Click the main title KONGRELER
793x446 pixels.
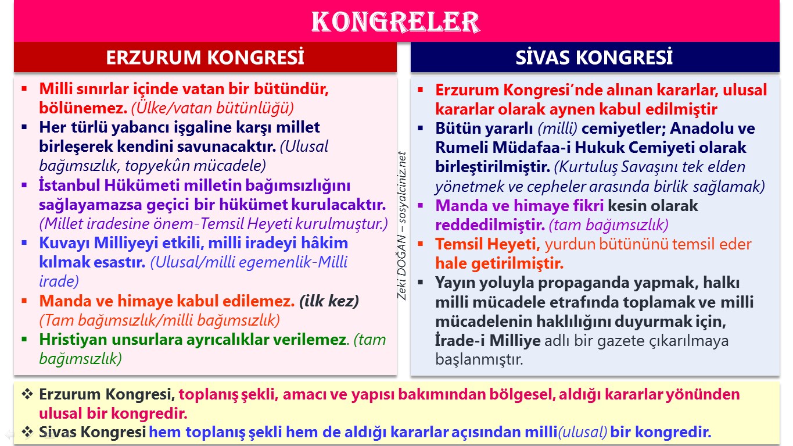pyautogui.click(x=396, y=22)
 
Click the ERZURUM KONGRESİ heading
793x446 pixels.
pyautogui.click(x=205, y=58)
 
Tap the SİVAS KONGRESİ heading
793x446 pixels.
pyautogui.click(x=594, y=58)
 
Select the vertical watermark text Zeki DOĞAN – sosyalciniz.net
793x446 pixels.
pyautogui.click(x=402, y=226)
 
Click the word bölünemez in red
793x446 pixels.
pyautogui.click(x=83, y=108)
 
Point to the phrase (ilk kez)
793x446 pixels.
pyautogui.click(x=329, y=301)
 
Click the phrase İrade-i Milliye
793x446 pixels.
pyautogui.click(x=488, y=341)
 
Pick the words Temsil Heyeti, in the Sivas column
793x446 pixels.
pyautogui.click(x=488, y=244)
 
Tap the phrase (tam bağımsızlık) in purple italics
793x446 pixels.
pyautogui.click(x=608, y=225)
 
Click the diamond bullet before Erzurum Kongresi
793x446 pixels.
pyautogui.click(x=27, y=394)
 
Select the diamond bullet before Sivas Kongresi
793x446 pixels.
pyautogui.click(x=27, y=432)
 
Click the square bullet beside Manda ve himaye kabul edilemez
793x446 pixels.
pyautogui.click(x=24, y=301)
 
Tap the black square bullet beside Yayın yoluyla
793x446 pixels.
pyautogui.click(x=421, y=283)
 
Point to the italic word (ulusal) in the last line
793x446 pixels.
pyautogui.click(x=582, y=432)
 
